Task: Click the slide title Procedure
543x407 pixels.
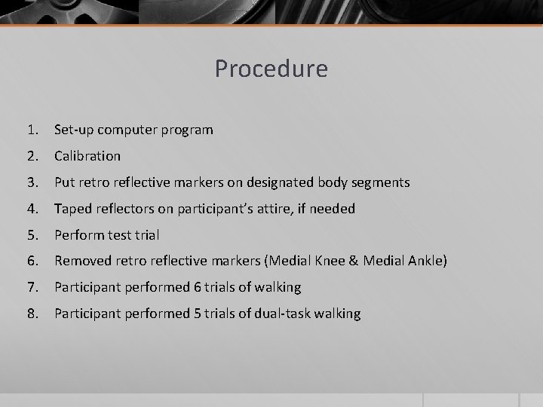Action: click(x=271, y=69)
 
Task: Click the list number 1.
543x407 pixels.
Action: click(x=31, y=130)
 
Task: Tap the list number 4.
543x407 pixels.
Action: click(x=31, y=209)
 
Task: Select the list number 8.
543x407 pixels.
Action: click(x=31, y=314)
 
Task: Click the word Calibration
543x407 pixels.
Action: click(x=87, y=156)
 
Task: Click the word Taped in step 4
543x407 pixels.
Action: click(x=72, y=209)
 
